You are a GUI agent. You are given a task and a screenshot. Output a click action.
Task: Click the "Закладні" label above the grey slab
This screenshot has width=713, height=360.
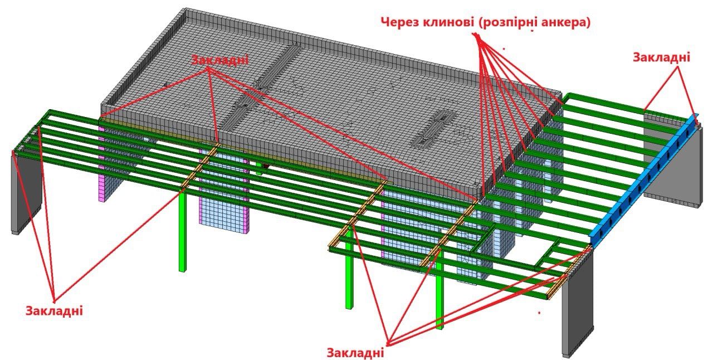(x=219, y=59)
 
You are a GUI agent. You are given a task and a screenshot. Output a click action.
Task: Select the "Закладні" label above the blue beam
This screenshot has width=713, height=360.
(x=662, y=57)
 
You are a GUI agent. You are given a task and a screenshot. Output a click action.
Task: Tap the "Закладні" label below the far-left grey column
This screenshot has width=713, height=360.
(x=54, y=310)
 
